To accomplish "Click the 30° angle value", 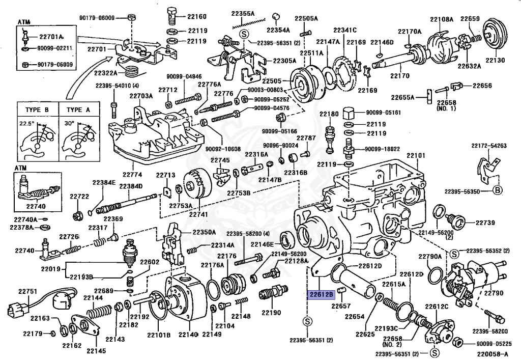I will click(69, 123).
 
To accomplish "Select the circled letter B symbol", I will click(498, 190).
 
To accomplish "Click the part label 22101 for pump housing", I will click(415, 155).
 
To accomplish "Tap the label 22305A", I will click(284, 60).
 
